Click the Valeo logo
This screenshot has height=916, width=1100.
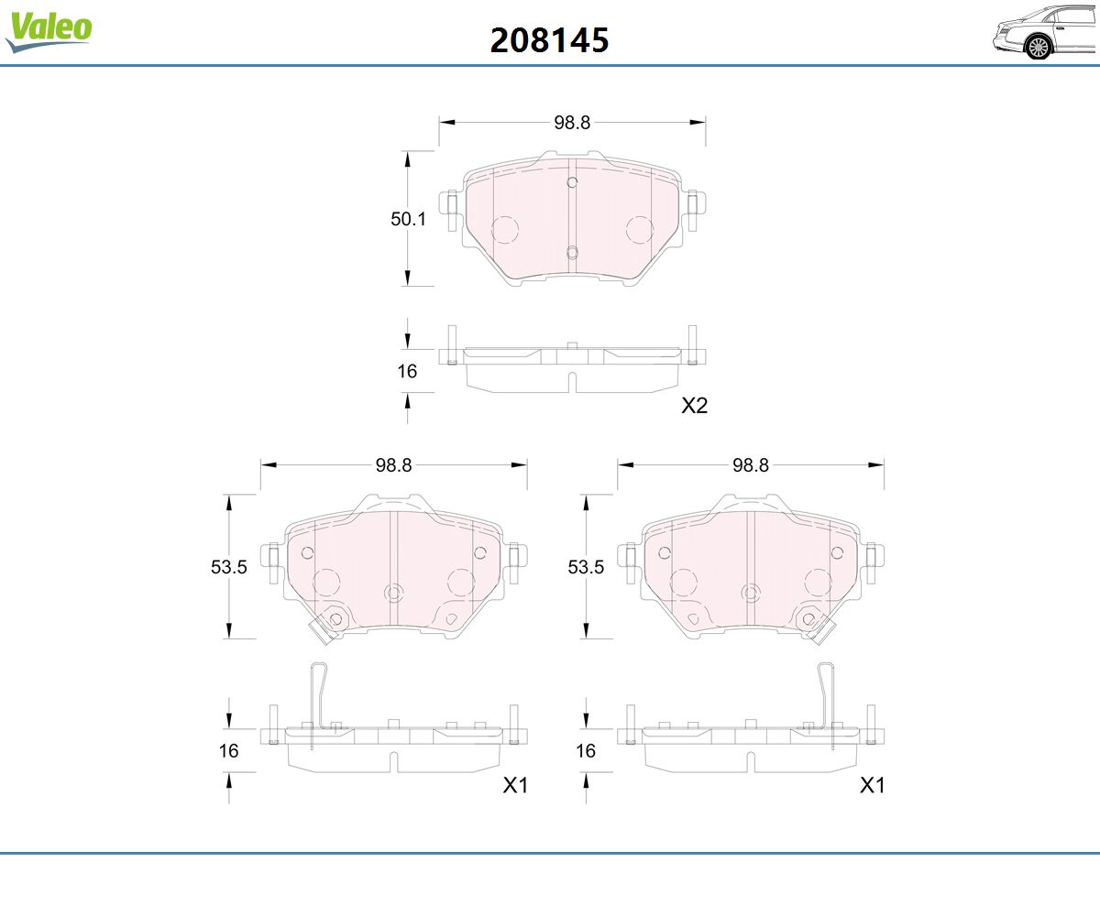[49, 31]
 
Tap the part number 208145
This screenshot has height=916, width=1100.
[549, 40]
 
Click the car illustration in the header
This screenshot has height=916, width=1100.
[1045, 33]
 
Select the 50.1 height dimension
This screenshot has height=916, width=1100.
[408, 219]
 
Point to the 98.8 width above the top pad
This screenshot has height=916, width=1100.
[572, 123]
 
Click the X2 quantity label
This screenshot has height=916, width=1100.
[694, 406]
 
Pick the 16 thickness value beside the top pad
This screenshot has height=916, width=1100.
[407, 372]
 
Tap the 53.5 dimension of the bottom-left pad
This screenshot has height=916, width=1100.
[228, 567]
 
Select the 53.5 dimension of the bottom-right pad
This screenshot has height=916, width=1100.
[586, 567]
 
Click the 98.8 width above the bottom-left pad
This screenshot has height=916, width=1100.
[393, 465]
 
